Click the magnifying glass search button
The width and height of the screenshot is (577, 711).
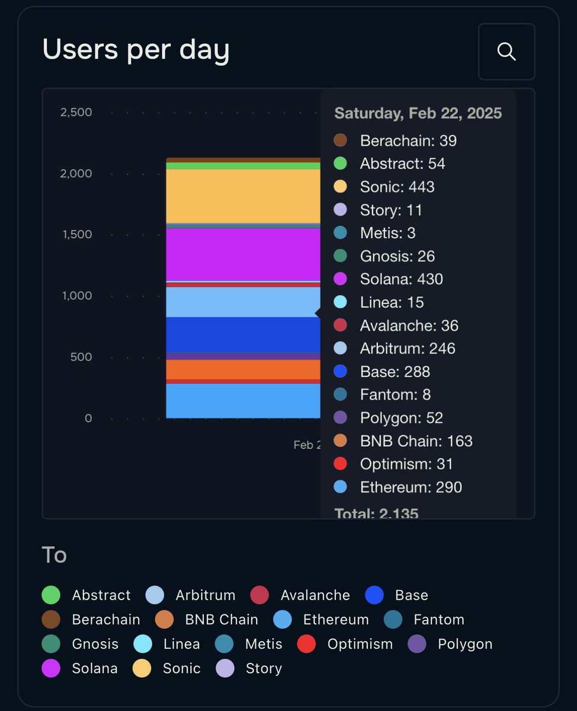tap(507, 52)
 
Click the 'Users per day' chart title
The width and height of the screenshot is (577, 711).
tap(136, 50)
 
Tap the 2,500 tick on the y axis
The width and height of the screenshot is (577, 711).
tap(76, 112)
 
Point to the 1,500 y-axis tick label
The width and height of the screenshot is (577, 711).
tap(76, 234)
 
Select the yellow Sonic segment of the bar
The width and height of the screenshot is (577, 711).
tap(243, 196)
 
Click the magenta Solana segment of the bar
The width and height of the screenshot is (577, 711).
tap(243, 254)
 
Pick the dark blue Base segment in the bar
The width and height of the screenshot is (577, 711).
tap(243, 335)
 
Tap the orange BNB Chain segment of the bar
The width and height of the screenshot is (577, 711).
tap(243, 369)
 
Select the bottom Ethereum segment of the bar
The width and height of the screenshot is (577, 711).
tap(243, 401)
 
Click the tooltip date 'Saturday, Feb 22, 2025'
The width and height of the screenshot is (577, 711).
tap(418, 113)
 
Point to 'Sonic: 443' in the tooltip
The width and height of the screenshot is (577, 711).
tap(397, 187)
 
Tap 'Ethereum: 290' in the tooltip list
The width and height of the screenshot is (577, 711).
tap(411, 487)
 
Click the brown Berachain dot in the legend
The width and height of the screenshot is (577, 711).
tap(52, 620)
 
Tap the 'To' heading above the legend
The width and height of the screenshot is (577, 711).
tap(54, 555)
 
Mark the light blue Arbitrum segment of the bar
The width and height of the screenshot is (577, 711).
tap(243, 302)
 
